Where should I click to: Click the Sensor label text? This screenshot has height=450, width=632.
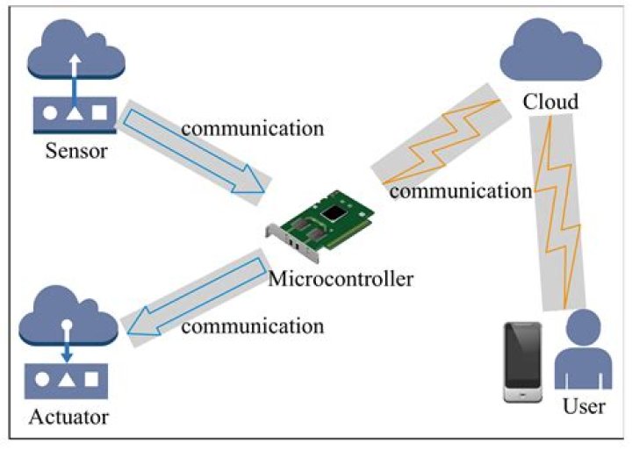[78, 150]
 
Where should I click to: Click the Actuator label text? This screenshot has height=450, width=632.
[68, 415]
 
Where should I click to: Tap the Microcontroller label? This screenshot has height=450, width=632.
[341, 280]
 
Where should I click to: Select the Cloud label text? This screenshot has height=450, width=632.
[550, 102]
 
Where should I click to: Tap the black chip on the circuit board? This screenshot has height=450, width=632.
[334, 213]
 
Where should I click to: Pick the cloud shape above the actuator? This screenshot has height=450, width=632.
[68, 321]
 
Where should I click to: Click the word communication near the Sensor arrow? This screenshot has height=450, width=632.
[252, 127]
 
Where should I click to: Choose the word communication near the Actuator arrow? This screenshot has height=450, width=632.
[252, 326]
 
